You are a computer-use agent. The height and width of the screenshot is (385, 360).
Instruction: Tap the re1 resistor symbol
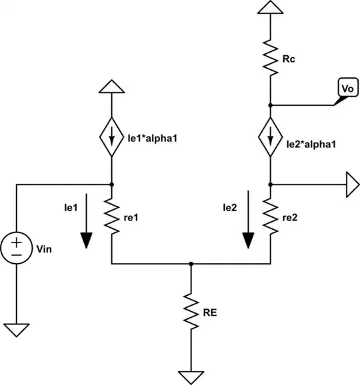click(x=111, y=217)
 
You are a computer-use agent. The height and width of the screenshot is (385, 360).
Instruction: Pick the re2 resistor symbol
click(x=271, y=217)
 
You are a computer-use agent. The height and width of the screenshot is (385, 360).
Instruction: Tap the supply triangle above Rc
click(x=271, y=7)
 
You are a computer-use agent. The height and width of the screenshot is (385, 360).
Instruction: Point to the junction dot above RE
click(x=191, y=264)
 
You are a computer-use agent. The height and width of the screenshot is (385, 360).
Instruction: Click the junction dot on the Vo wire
click(x=271, y=105)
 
